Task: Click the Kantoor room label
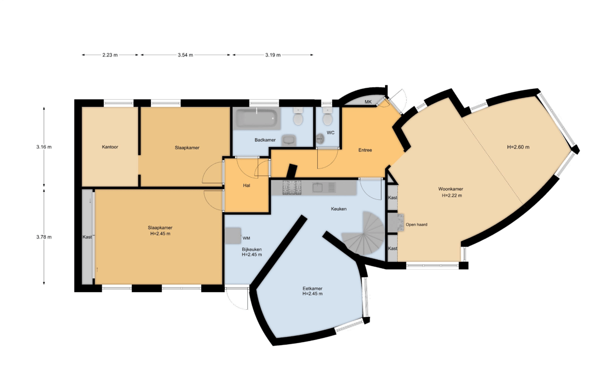coord(110,147)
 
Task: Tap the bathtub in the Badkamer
coord(257,119)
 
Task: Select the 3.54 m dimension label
coord(185,55)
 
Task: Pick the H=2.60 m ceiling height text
coord(518,147)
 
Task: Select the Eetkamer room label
coord(312,289)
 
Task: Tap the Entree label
coord(365,150)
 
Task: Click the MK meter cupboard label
coord(368,102)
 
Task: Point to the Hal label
coord(247,185)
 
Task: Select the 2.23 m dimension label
coord(110,55)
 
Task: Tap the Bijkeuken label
coord(252,249)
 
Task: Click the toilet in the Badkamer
coord(297,118)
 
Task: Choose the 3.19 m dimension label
coord(273,55)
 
